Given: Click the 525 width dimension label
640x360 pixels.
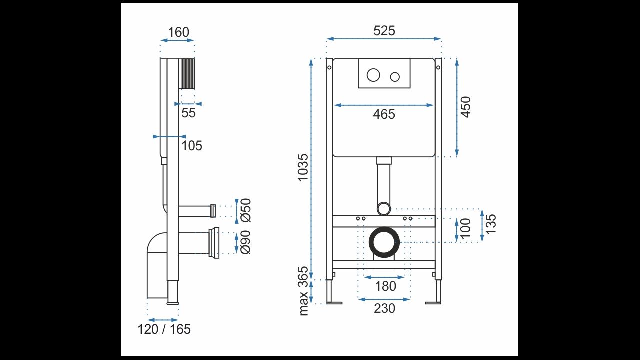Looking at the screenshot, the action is [x=384, y=31].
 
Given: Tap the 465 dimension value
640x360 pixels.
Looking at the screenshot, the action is [x=384, y=114].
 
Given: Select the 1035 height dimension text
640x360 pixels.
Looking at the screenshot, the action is [x=303, y=168].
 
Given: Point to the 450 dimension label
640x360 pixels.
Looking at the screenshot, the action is [x=465, y=107].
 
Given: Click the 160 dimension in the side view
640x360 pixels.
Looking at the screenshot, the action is [x=178, y=32].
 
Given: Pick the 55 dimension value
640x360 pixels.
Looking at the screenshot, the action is [x=188, y=113].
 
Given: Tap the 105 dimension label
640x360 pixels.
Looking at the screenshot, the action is [x=192, y=146].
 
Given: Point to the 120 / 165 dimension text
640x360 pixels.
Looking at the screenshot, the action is [x=164, y=329].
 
